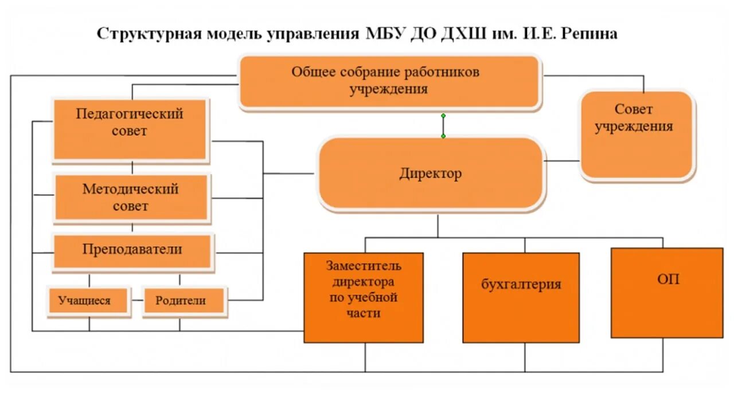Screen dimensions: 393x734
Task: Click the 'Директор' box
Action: pyautogui.click(x=430, y=173)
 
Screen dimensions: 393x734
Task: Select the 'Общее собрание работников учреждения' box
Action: pyautogui.click(x=389, y=81)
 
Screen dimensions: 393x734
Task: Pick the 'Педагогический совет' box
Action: pyautogui.click(x=130, y=129)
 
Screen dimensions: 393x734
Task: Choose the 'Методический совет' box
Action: pyautogui.click(x=131, y=197)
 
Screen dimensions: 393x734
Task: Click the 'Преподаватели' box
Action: pyautogui.click(x=132, y=250)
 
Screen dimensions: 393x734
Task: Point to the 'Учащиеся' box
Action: pyautogui.click(x=88, y=301)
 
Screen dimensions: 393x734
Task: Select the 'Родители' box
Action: pyautogui.click(x=183, y=301)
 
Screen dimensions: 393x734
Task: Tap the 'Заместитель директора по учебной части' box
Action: pyautogui.click(x=364, y=297)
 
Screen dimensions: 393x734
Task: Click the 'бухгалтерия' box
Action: pyautogui.click(x=521, y=297)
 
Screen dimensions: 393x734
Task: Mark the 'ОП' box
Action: pyautogui.click(x=667, y=292)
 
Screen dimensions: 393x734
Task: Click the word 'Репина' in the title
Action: pyautogui.click(x=588, y=33)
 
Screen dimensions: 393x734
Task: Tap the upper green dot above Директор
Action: pyautogui.click(x=443, y=115)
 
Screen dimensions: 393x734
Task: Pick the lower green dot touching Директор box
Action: pyautogui.click(x=443, y=136)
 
